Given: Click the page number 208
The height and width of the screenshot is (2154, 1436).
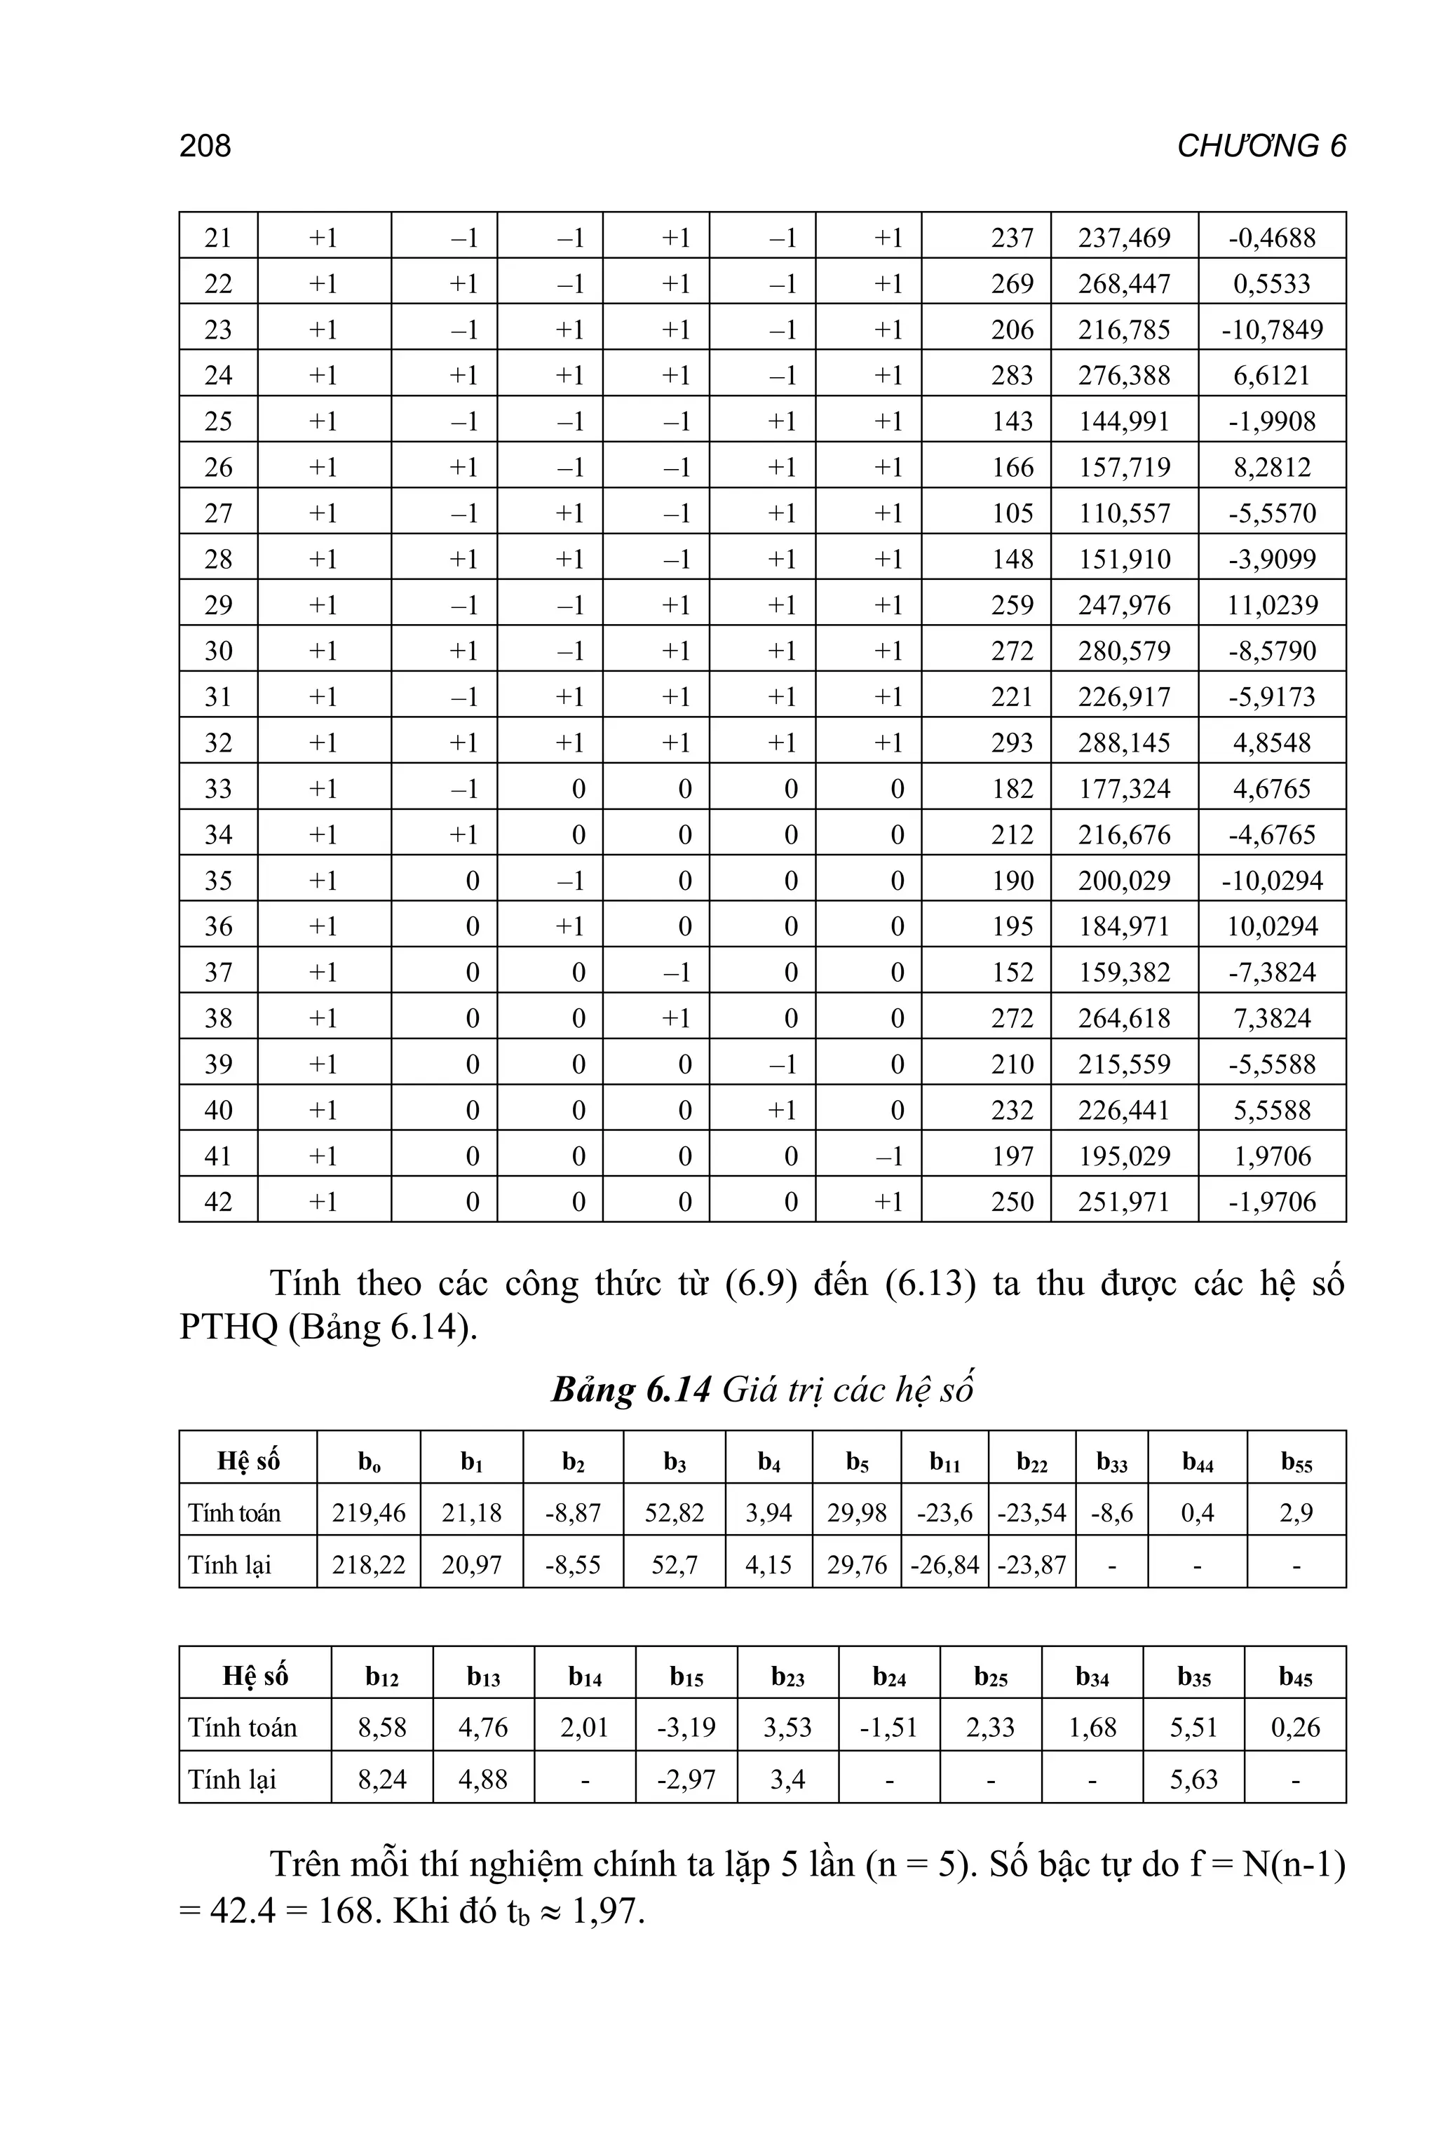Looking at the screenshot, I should click(205, 147).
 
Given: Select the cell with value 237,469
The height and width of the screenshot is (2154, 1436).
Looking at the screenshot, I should click(1124, 238).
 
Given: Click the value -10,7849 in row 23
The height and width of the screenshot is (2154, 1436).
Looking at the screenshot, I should click(1272, 330).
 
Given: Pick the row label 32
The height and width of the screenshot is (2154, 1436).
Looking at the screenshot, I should click(218, 743).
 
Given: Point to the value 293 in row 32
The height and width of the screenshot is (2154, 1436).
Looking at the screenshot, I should click(1012, 743).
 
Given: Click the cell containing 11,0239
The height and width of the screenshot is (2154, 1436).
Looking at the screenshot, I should click(1272, 605).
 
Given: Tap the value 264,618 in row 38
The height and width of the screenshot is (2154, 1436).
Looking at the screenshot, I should click(1124, 1018).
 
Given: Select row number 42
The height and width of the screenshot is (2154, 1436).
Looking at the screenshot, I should click(218, 1202).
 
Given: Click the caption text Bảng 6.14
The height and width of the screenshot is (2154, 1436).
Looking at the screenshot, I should click(631, 1390).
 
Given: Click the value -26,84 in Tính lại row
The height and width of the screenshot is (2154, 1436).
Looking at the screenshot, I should click(944, 1564).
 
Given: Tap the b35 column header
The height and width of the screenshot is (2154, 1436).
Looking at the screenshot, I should click(1193, 1677).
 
